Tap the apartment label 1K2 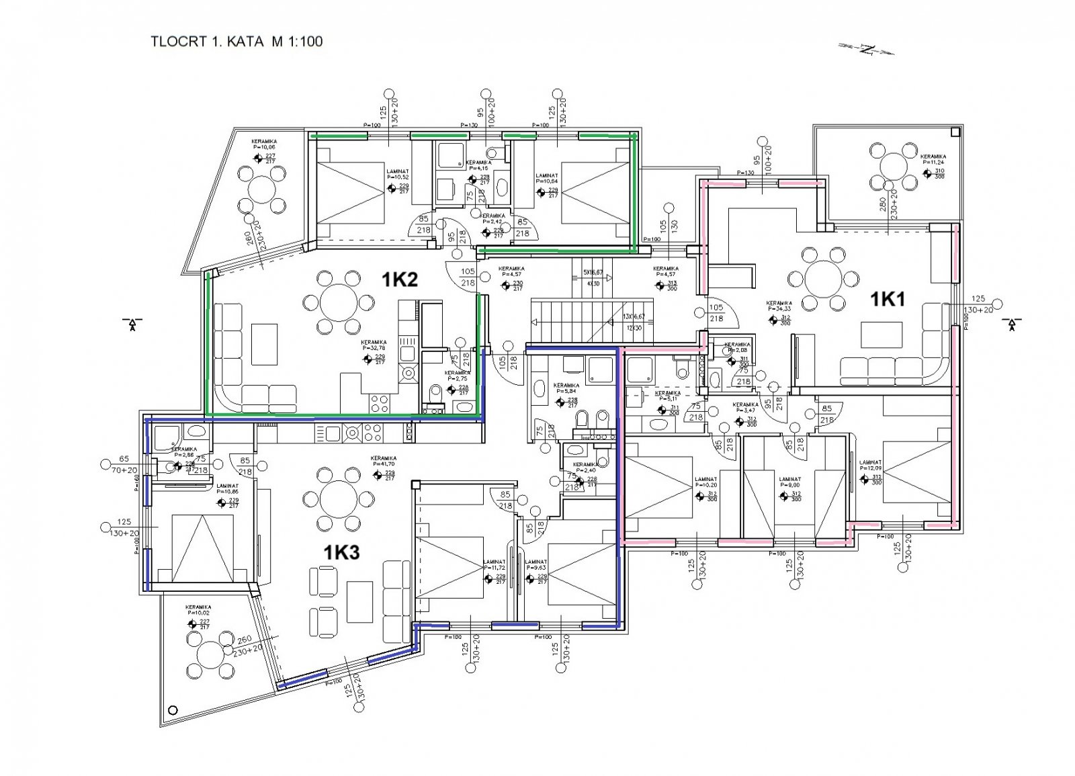click(400, 279)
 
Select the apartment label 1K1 click(888, 300)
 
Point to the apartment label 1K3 click(342, 552)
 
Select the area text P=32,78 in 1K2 click(373, 348)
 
